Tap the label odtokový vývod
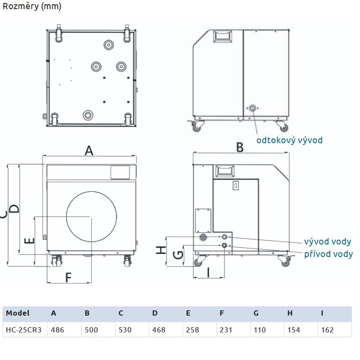click(289, 140)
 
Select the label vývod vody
click(327, 242)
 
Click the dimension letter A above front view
click(89, 150)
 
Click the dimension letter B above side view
click(240, 147)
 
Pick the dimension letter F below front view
click(69, 278)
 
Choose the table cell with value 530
click(125, 330)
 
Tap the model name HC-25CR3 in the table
click(24, 330)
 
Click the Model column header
click(18, 313)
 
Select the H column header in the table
click(289, 313)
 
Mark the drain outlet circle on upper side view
click(252, 109)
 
